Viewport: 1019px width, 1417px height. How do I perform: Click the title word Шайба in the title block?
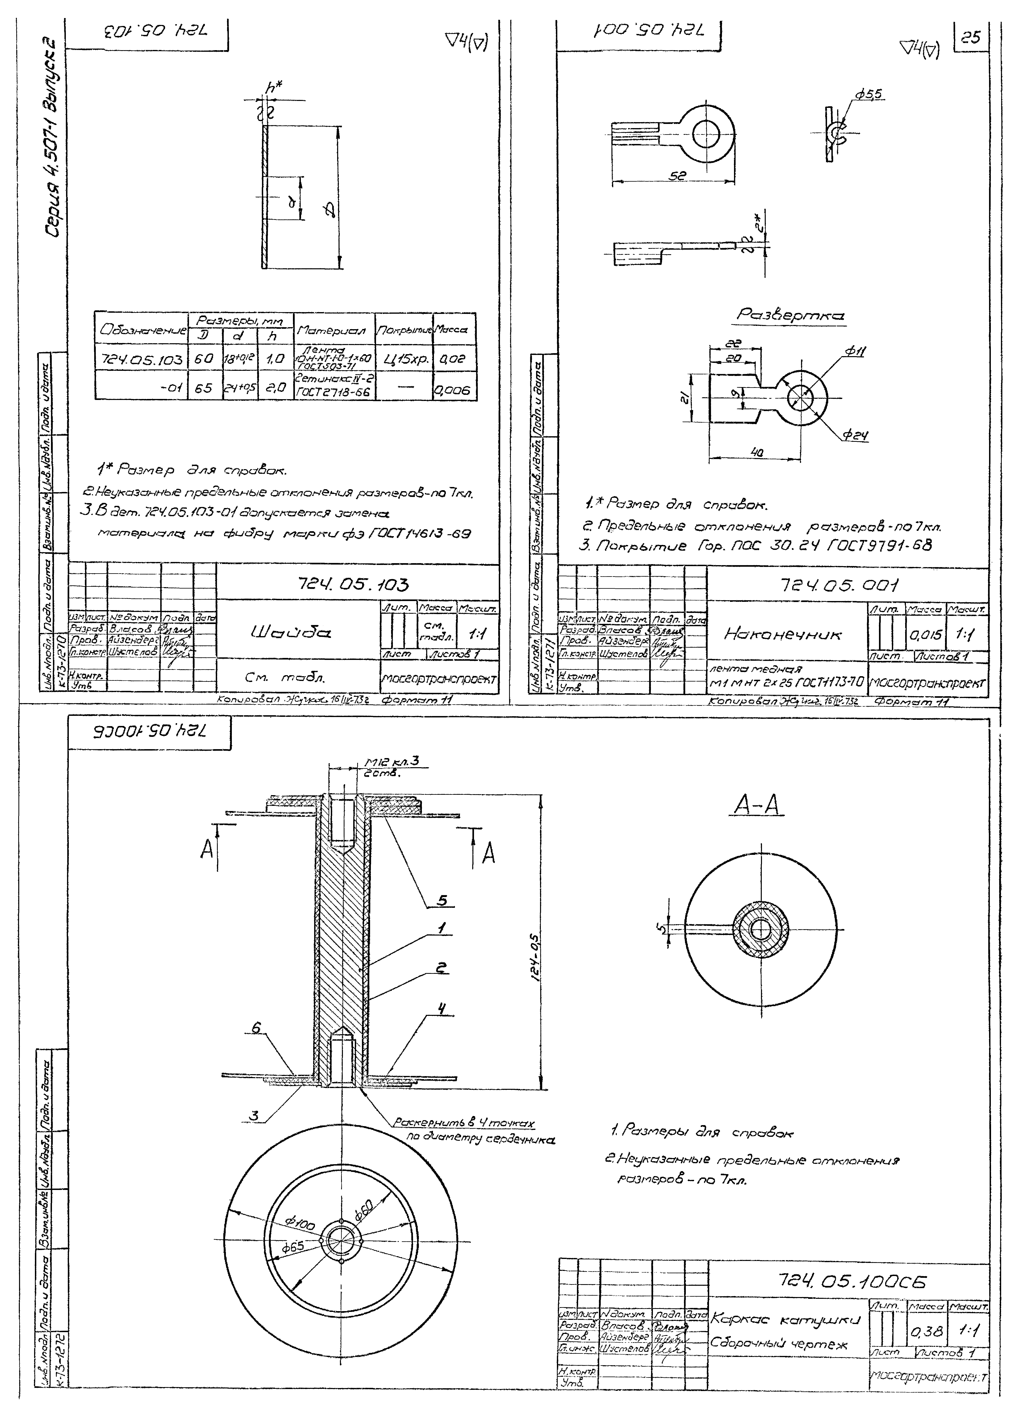(291, 633)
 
